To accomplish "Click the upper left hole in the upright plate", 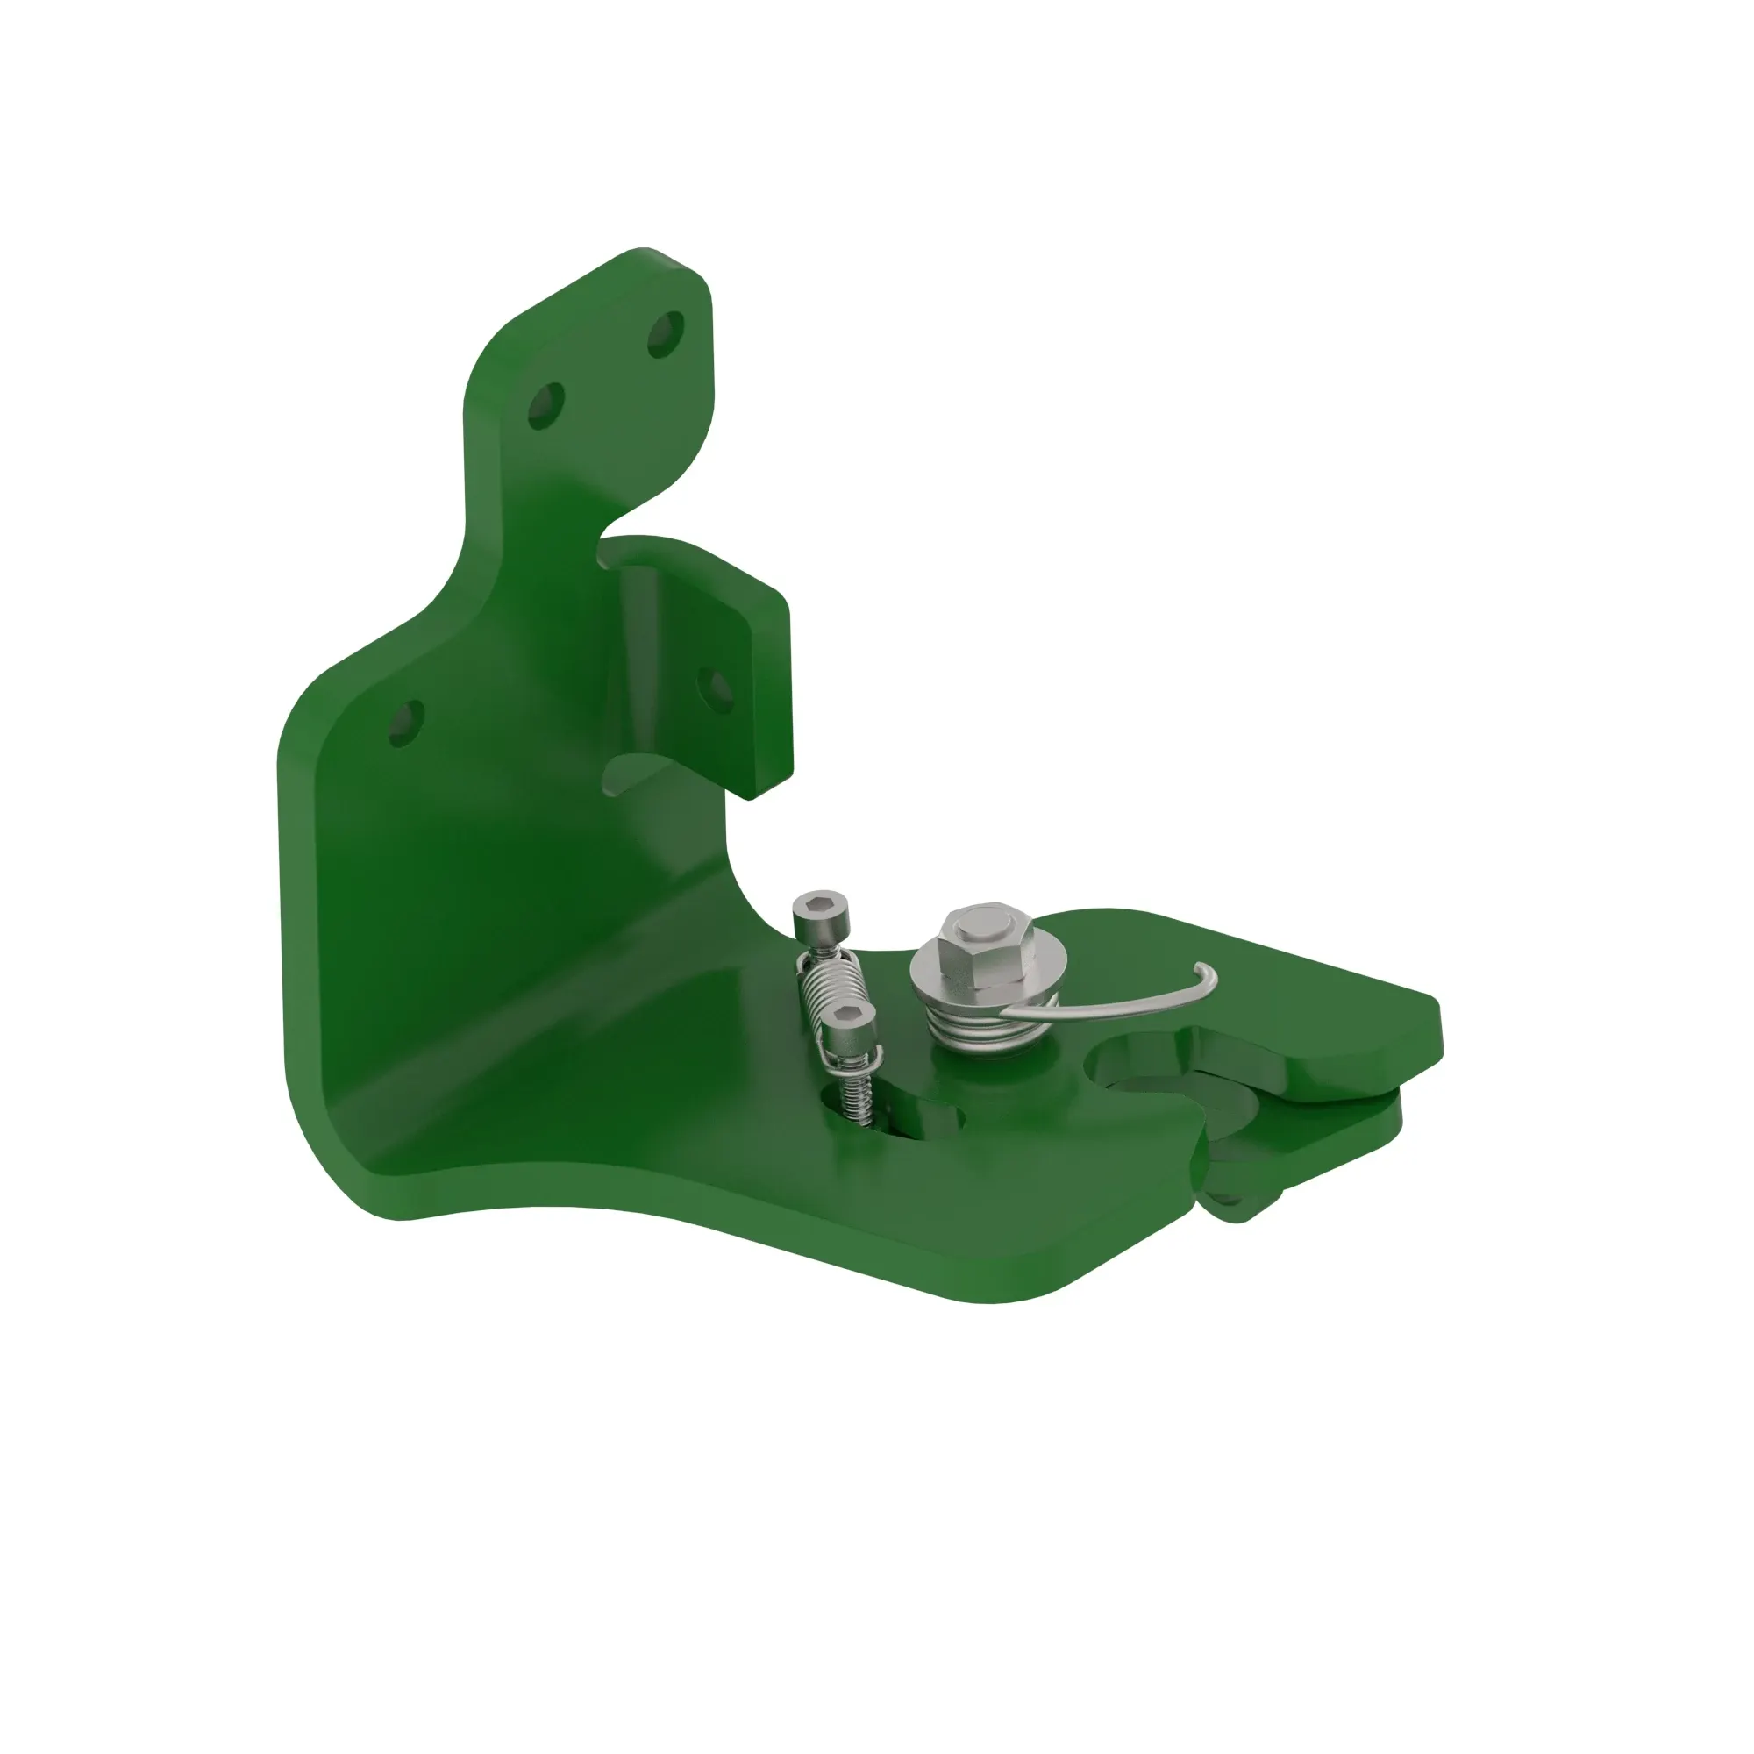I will (545, 405).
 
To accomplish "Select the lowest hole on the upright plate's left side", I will (405, 724).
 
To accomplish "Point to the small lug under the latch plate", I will (1239, 1203).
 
